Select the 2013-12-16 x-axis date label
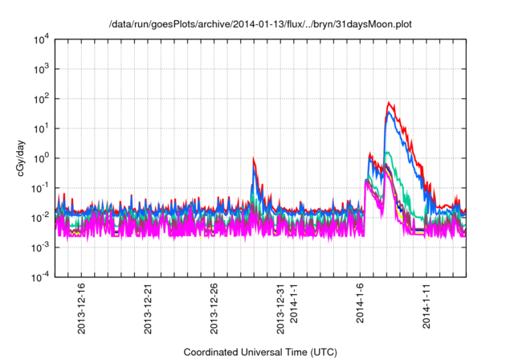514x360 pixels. [x=83, y=309]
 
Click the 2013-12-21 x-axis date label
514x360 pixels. [x=149, y=309]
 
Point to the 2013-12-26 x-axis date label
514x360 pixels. [x=215, y=309]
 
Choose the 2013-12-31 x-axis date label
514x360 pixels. [x=281, y=309]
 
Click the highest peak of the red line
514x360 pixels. [x=389, y=103]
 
